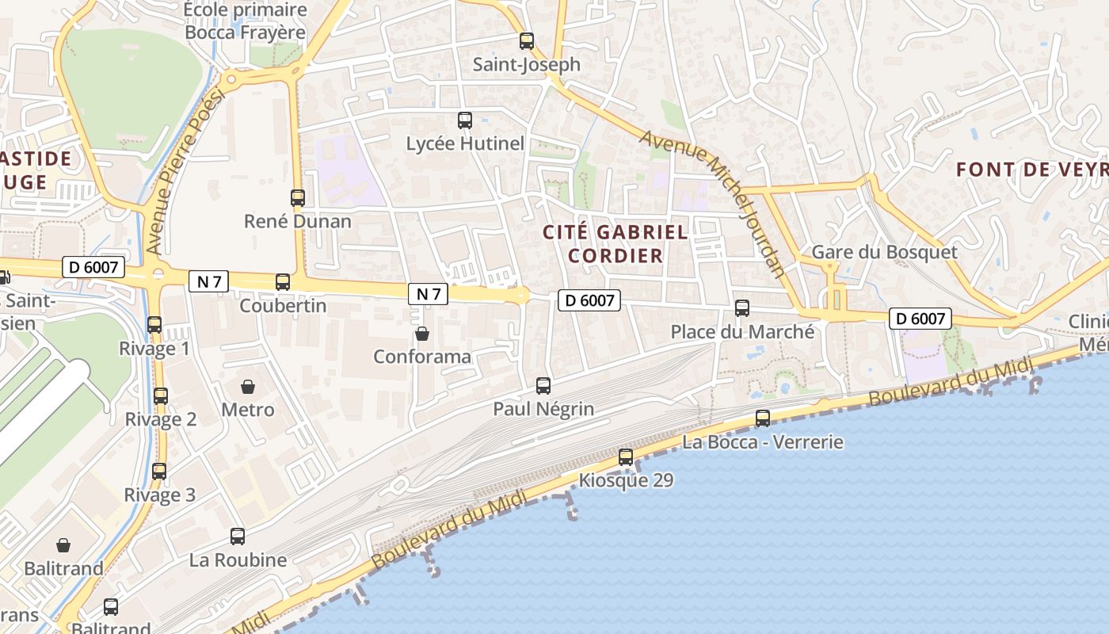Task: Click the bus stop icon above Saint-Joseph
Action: pos(527,41)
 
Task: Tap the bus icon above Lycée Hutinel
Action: pos(465,120)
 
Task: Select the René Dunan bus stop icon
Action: pos(298,198)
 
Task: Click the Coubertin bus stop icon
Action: pos(283,282)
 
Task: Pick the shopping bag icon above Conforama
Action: pos(422,334)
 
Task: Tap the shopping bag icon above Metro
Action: pos(248,387)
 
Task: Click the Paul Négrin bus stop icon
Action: pos(543,386)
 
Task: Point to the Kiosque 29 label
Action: pos(626,480)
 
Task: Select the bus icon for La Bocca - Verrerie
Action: pos(763,418)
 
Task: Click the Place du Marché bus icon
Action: pos(742,308)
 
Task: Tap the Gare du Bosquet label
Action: pos(884,252)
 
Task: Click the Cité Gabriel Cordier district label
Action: pos(615,243)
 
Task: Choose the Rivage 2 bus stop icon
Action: pos(161,396)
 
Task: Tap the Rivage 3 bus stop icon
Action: pos(159,472)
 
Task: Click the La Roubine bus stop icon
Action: pos(238,537)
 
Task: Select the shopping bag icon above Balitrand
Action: pos(63,545)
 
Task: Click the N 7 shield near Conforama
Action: pos(429,294)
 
